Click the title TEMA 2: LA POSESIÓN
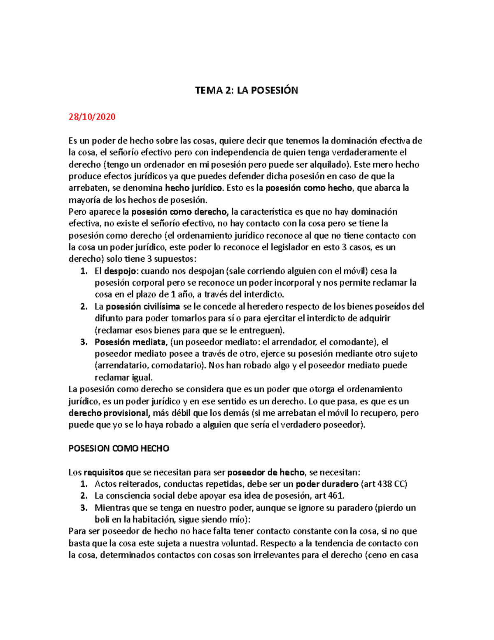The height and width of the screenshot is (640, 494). click(246, 91)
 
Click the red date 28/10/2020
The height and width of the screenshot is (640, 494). click(92, 117)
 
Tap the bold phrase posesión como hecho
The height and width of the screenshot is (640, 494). click(309, 188)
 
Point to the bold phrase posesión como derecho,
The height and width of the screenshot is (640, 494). click(180, 212)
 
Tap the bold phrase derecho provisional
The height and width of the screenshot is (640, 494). click(109, 413)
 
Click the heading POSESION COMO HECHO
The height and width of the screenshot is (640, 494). click(119, 448)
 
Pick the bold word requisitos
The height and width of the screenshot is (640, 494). click(103, 472)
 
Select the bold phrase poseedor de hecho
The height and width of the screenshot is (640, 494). click(266, 472)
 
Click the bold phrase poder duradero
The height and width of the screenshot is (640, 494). click(327, 484)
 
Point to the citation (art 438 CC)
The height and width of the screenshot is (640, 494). click(384, 484)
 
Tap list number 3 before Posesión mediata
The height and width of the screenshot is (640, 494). click(84, 342)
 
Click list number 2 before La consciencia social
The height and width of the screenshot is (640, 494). click(84, 496)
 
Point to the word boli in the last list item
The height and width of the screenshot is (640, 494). click(102, 520)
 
